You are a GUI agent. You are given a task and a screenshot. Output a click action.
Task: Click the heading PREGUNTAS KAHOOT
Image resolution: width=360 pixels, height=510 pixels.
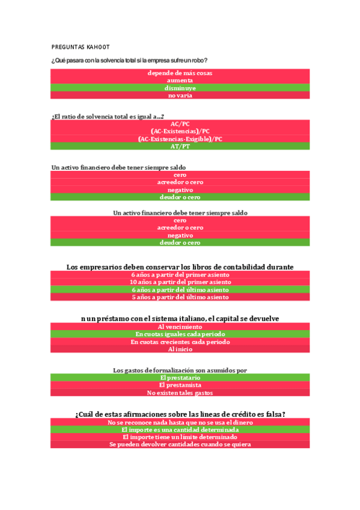[x=81, y=47]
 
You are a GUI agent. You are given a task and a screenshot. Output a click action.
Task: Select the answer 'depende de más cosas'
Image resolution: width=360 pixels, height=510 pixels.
[x=180, y=73]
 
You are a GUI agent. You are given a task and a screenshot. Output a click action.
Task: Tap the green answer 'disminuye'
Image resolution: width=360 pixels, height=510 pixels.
[x=180, y=88]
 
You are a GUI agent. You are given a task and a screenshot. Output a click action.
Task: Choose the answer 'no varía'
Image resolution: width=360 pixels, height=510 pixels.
[x=180, y=95]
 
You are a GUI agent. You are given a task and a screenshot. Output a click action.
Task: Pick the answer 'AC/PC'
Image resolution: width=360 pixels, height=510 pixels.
[x=180, y=123]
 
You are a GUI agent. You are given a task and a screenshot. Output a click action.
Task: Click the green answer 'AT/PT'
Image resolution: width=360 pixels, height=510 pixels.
[x=180, y=146]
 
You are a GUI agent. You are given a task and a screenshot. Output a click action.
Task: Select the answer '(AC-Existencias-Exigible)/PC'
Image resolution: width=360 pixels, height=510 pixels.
[x=180, y=138]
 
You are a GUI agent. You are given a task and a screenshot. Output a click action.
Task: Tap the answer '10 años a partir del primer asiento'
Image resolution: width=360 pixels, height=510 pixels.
[x=180, y=281]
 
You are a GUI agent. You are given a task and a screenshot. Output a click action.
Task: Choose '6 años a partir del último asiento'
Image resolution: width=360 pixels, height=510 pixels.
[x=180, y=289]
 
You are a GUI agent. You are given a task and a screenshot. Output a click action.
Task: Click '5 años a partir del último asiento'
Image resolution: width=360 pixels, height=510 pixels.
[x=180, y=297]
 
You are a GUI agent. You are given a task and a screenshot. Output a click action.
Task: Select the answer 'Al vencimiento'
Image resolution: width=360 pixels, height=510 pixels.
[x=180, y=326]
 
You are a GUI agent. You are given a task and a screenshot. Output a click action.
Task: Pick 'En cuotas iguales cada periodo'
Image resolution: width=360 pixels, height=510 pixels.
[x=180, y=334]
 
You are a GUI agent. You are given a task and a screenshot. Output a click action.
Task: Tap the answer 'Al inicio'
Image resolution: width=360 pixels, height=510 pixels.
[x=180, y=349]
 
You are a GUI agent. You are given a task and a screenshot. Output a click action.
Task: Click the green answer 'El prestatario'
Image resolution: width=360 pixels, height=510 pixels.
[x=180, y=377]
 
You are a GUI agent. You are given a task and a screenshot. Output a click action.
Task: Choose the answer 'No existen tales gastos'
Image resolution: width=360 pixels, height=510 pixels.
[x=180, y=393]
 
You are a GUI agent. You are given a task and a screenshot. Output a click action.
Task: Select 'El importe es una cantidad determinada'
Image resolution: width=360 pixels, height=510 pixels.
[x=180, y=429]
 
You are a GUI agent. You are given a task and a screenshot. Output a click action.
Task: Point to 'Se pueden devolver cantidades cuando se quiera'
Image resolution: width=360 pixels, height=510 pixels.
[x=180, y=444]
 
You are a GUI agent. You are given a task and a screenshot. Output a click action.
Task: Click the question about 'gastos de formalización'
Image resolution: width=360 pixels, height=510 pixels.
[x=180, y=370]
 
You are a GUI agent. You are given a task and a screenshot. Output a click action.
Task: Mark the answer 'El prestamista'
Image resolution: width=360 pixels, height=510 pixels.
[x=180, y=385]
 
